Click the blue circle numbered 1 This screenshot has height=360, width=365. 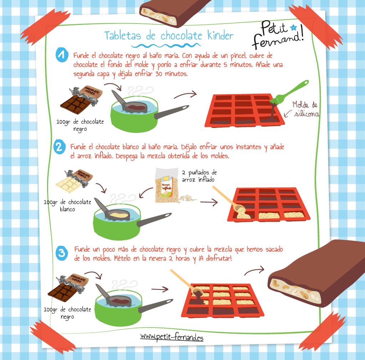pos(62,55)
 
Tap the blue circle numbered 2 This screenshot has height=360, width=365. pos(60,147)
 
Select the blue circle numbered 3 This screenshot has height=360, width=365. pos(62,253)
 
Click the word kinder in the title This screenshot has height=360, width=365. pos(220,36)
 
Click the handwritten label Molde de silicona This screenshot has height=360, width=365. pos(305,109)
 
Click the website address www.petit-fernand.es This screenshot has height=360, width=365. pos(172,337)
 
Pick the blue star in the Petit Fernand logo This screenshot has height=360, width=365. pos(294,28)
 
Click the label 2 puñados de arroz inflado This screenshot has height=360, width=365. pos(199,176)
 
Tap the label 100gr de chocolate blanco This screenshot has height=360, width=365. pos(67,205)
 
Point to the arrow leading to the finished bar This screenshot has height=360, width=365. pos(254,271)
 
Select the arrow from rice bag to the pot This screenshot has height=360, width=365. pos(146,192)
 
